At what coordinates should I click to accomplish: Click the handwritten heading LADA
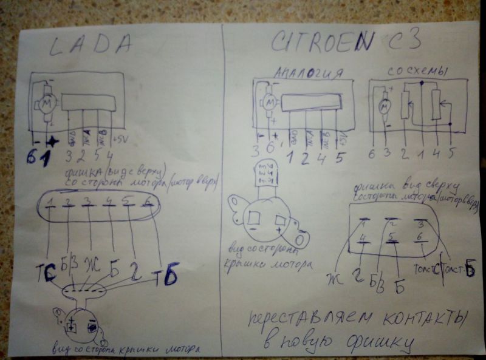click(x=89, y=46)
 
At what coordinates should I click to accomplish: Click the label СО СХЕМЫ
click(x=417, y=72)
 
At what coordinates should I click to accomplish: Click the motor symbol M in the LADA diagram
click(x=46, y=104)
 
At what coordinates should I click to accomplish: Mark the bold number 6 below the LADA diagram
click(x=32, y=157)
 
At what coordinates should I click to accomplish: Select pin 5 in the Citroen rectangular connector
click(x=392, y=239)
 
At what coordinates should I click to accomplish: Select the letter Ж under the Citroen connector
click(x=335, y=279)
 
